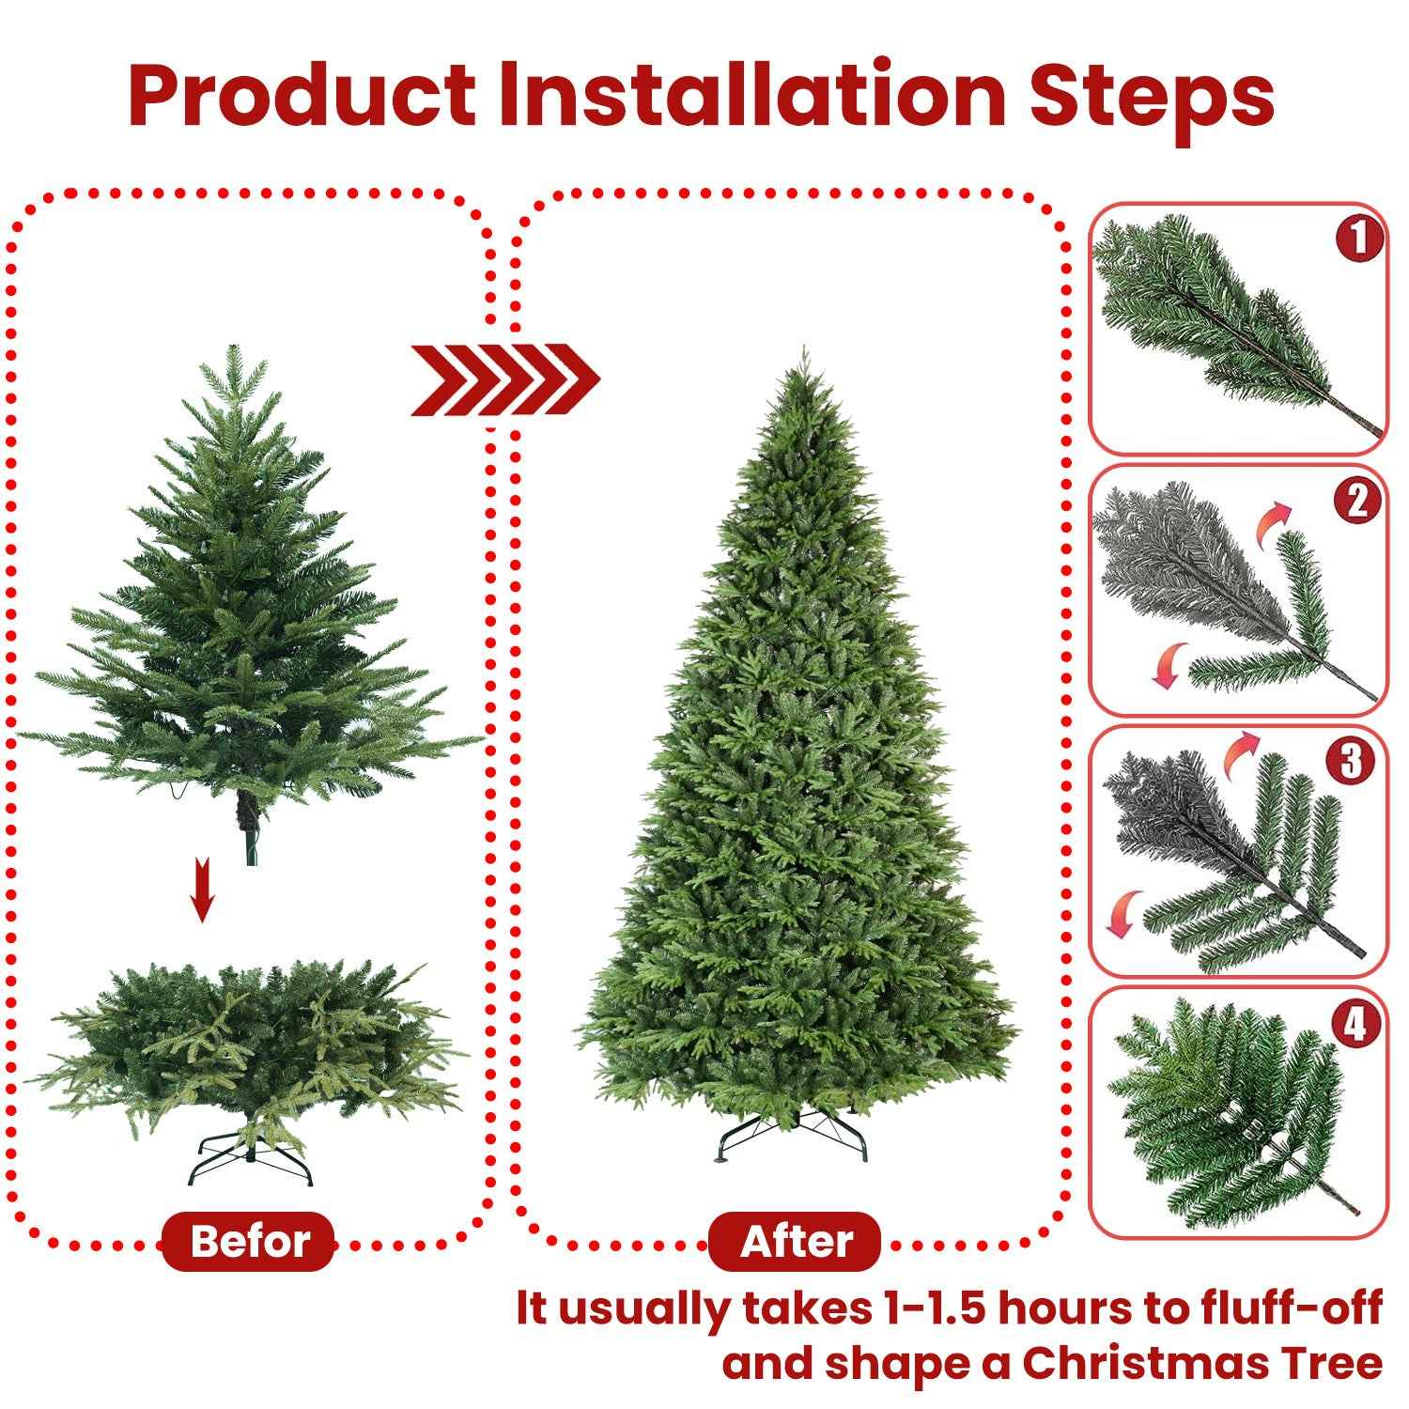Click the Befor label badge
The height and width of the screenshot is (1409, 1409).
[249, 1241]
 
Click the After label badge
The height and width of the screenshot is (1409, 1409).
[796, 1241]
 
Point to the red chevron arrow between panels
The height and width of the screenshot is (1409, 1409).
[504, 379]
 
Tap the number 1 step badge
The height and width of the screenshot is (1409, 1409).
[1359, 239]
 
